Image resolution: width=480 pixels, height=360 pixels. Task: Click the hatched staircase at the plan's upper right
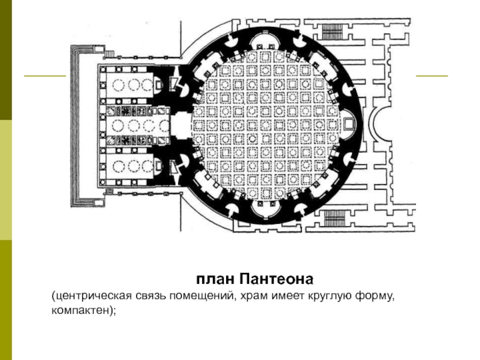332,32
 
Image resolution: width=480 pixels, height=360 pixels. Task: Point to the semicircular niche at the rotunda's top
265,39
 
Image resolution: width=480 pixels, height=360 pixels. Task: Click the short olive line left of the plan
45,76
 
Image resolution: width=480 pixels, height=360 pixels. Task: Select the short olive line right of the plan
431,76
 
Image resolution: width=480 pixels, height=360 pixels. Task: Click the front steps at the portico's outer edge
76,126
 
